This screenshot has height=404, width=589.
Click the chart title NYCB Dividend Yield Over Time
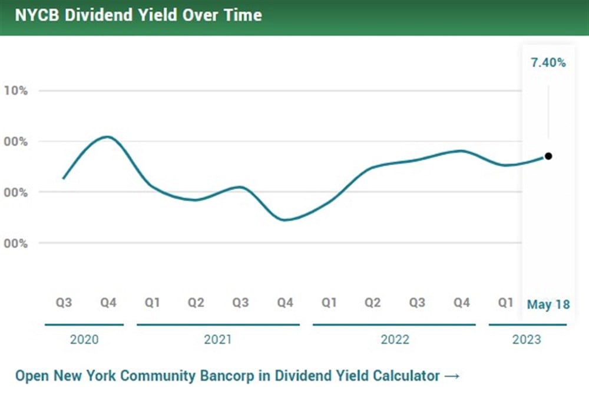(138, 15)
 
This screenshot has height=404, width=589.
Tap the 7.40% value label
(548, 63)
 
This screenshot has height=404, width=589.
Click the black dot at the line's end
(548, 156)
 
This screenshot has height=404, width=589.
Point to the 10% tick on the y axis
(16, 90)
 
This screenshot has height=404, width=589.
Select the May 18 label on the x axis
(548, 304)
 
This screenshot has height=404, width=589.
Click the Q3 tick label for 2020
(64, 303)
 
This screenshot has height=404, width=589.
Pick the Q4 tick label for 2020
(108, 303)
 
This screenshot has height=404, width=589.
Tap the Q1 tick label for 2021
(152, 303)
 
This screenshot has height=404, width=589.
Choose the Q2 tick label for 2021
(196, 303)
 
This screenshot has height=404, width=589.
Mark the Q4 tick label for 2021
(285, 303)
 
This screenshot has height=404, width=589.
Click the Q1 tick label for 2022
(329, 303)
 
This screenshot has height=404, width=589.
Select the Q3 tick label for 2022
(417, 303)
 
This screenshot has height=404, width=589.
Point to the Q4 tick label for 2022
(462, 303)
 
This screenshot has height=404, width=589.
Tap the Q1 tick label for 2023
(505, 303)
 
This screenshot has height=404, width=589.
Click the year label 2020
(84, 340)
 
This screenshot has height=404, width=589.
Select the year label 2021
(218, 340)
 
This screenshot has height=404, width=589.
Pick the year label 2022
(395, 340)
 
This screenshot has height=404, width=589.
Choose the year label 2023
(527, 340)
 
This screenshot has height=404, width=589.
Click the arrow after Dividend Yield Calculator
(452, 376)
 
